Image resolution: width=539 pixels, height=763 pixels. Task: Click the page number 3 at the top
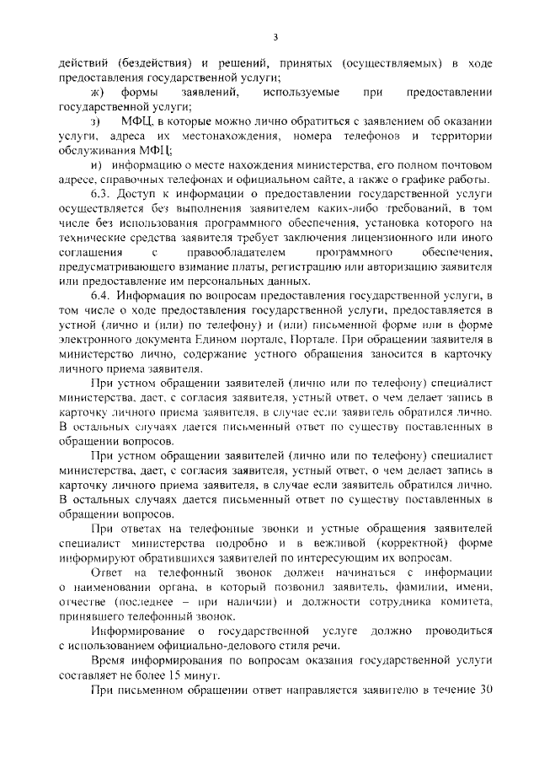[275, 35]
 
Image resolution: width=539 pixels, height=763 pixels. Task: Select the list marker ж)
[98, 91]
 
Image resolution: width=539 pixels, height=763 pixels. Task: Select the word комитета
[456, 602]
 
